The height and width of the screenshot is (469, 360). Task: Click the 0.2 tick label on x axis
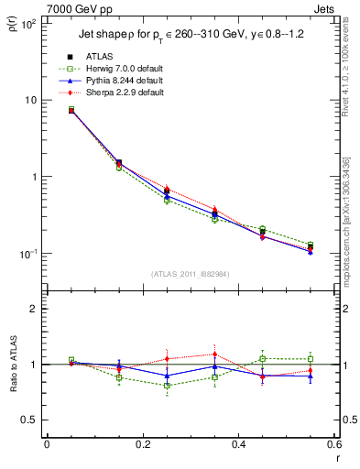(x=142, y=444)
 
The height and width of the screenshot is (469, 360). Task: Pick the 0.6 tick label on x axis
(x=333, y=444)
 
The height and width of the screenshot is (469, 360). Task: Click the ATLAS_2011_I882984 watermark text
(x=189, y=275)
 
